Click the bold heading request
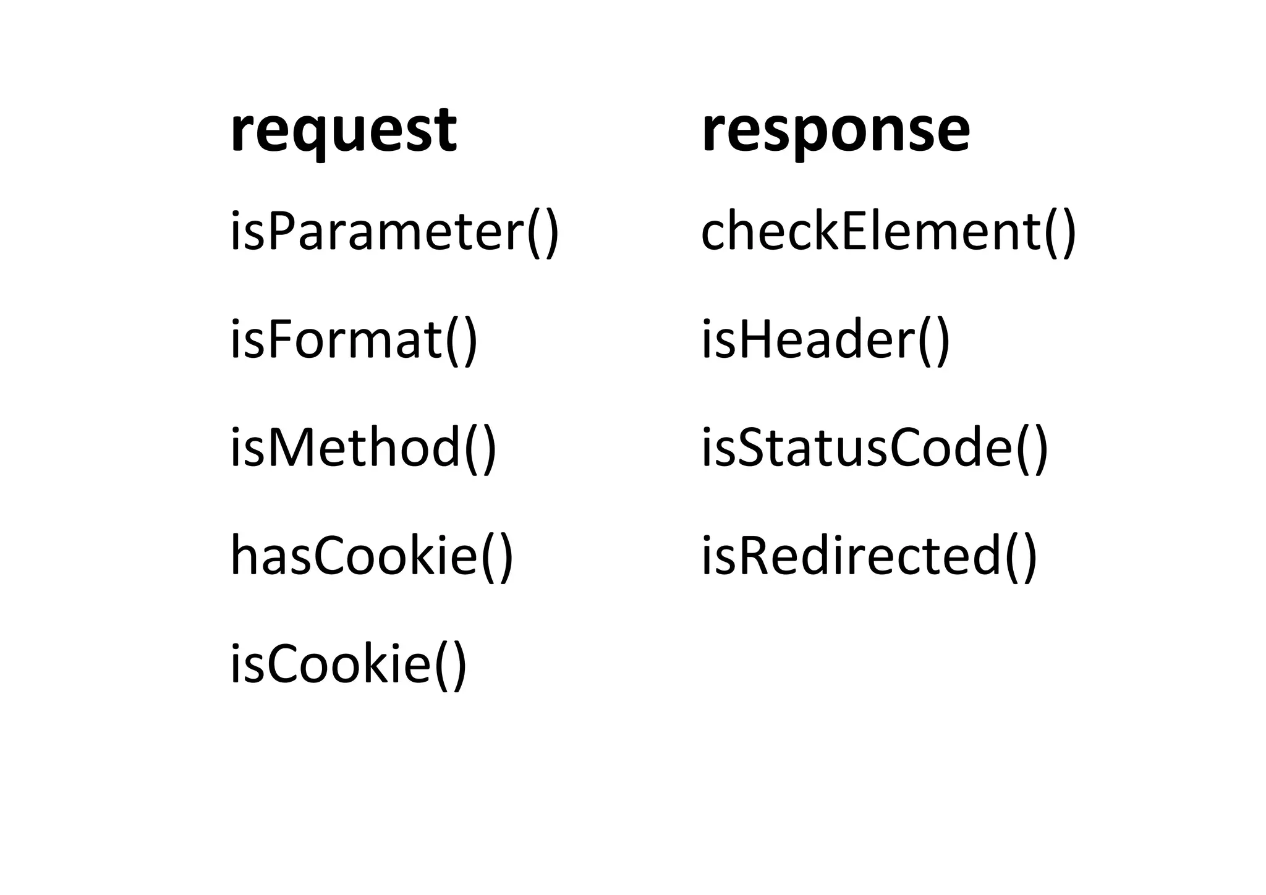pyautogui.click(x=343, y=132)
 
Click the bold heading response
pyautogui.click(x=836, y=132)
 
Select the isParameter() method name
pyautogui.click(x=394, y=232)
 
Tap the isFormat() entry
pyautogui.click(x=354, y=341)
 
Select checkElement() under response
pyautogui.click(x=888, y=232)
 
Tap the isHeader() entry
pyautogui.click(x=825, y=341)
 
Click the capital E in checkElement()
pyautogui.click(x=856, y=231)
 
